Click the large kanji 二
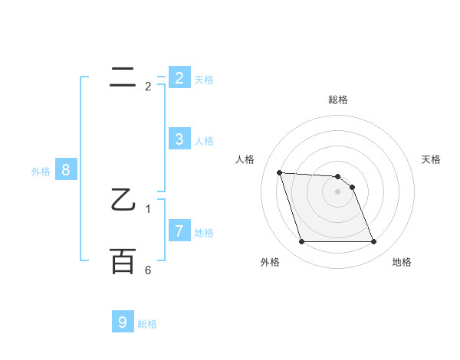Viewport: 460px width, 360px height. point(123,77)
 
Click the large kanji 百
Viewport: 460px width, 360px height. point(123,261)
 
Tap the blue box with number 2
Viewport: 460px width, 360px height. point(179,77)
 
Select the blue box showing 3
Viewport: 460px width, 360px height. point(179,139)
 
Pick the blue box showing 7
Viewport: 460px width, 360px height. point(179,231)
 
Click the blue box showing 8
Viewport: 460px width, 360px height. point(66,170)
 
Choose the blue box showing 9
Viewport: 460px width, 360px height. point(123,322)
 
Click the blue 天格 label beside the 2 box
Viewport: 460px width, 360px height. point(204,79)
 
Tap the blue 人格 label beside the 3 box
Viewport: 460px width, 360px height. point(204,141)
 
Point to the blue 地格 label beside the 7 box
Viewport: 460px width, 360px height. point(204,233)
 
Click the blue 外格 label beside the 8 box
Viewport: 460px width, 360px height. point(41,172)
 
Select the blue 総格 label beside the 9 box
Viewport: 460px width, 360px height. point(147,325)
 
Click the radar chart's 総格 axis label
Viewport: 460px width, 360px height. point(338,100)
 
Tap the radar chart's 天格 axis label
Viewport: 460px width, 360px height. point(432,159)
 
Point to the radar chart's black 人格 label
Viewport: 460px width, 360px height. point(245,159)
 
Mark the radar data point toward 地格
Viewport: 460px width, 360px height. point(373,242)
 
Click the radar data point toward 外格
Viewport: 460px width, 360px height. point(301,242)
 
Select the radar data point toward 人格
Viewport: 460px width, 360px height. point(279,172)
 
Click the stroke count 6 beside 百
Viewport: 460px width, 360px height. point(148,270)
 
